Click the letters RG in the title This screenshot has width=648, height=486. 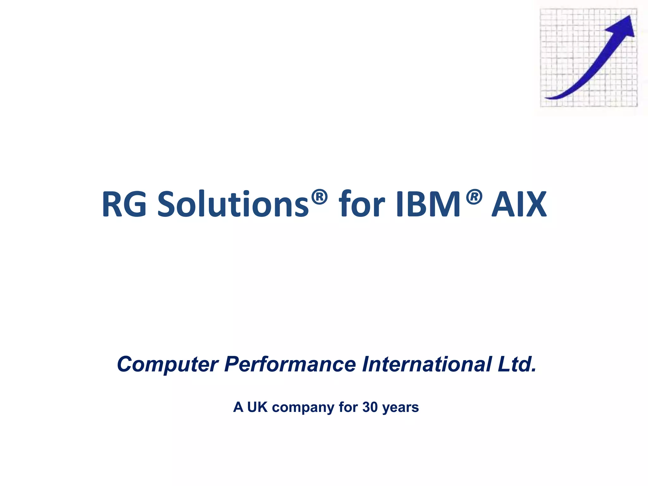pos(124,204)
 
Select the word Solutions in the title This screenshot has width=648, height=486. pos(233,204)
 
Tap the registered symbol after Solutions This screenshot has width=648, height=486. pos(319,197)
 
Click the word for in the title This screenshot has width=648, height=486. pos(362,204)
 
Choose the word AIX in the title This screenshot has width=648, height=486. pos(519,204)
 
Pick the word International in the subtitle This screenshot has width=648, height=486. pos(427,364)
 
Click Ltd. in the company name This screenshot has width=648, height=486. pos(517,364)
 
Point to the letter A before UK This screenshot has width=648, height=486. pos(238,407)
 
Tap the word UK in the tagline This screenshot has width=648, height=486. pos(257,407)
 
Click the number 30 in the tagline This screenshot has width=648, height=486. pos(370,407)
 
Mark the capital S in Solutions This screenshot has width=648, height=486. pos(167,204)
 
